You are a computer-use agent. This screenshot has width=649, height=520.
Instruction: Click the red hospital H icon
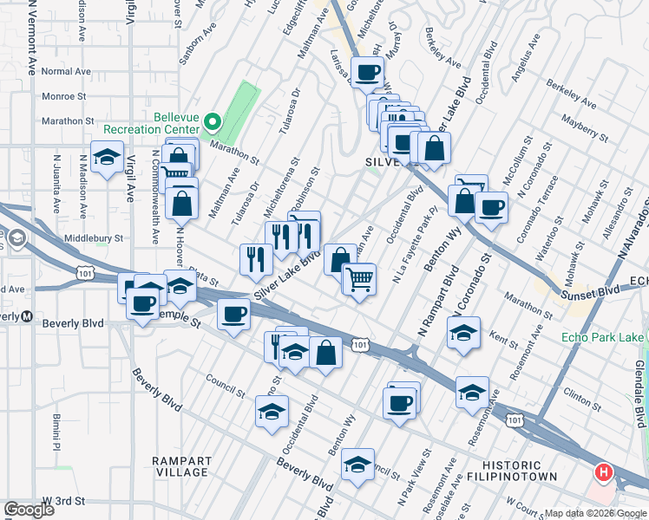603,472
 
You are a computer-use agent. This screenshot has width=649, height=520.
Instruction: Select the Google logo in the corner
29,510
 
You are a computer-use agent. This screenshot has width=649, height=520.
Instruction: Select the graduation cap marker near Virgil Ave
107,158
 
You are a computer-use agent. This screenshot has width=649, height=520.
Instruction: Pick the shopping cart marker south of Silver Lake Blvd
359,278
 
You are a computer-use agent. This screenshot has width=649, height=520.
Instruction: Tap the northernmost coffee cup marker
368,72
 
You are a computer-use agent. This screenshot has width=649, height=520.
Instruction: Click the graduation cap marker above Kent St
463,332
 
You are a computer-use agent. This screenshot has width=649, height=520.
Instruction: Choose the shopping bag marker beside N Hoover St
183,204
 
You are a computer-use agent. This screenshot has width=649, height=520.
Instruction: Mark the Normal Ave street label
65,71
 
